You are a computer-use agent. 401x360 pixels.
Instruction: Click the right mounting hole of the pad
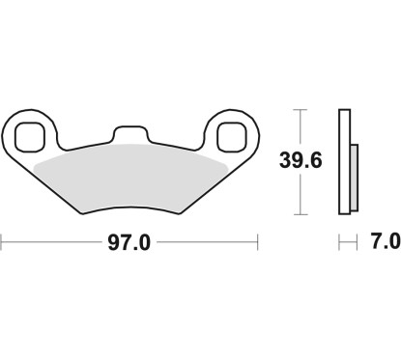(232, 135)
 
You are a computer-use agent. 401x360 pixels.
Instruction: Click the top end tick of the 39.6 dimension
(301, 110)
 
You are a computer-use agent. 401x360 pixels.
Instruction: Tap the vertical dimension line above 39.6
(301, 127)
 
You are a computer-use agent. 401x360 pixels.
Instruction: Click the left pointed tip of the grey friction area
(34, 164)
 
